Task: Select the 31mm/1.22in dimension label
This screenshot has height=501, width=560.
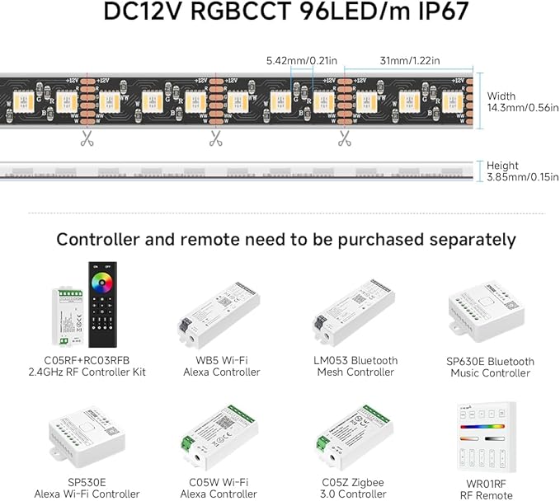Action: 405,60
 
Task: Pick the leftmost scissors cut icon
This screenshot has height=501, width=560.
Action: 87,138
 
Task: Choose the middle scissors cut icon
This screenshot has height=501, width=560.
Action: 216,138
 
